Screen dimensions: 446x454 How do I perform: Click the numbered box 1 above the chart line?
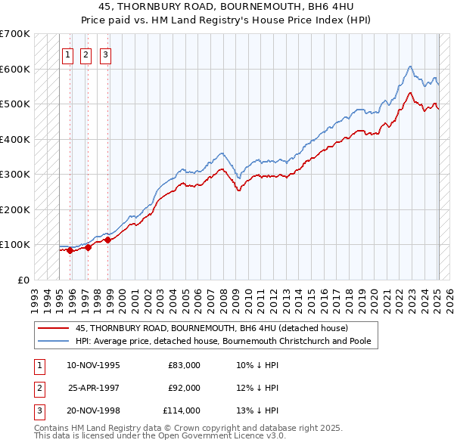point(67,54)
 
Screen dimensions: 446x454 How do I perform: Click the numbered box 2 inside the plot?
point(86,54)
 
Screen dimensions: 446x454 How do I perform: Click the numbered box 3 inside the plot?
point(105,54)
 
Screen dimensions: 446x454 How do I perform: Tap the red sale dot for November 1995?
point(70,251)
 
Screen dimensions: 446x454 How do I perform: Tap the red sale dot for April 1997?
point(89,247)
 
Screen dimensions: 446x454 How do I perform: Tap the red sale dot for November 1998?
point(108,240)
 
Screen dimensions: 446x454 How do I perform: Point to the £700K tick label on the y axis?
point(15,34)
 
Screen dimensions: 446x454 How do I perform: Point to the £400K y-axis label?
point(15,139)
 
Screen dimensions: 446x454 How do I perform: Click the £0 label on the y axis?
point(23,280)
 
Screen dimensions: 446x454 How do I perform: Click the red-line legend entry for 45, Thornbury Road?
point(211,328)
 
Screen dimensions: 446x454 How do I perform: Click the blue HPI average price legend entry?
point(222,341)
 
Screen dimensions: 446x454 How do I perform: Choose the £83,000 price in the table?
point(184,365)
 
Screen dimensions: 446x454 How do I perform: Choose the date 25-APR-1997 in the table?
point(94,388)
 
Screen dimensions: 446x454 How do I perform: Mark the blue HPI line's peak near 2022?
point(409,67)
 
